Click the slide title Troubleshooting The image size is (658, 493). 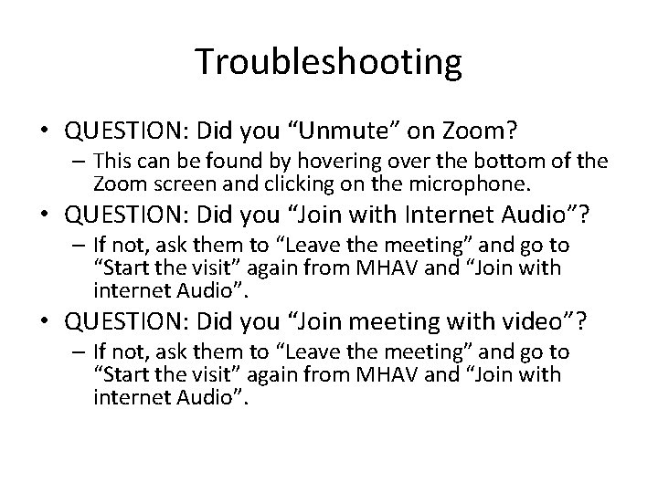[328, 62]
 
